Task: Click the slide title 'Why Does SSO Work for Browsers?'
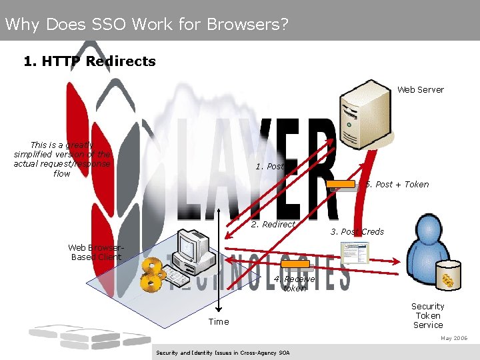[x=147, y=25]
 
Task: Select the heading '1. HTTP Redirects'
[x=89, y=61]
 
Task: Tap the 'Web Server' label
[x=421, y=89]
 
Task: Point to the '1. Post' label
[x=269, y=166]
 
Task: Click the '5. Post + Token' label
[x=397, y=184]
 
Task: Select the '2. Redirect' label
[x=273, y=224]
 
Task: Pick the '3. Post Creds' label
[x=357, y=231]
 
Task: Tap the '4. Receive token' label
[x=294, y=283]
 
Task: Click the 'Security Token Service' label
[x=428, y=315]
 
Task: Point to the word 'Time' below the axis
[x=219, y=321]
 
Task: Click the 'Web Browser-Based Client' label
[x=96, y=252]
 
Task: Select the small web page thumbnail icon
[x=354, y=252]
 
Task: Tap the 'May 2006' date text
[x=454, y=338]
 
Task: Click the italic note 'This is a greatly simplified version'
[x=62, y=159]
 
